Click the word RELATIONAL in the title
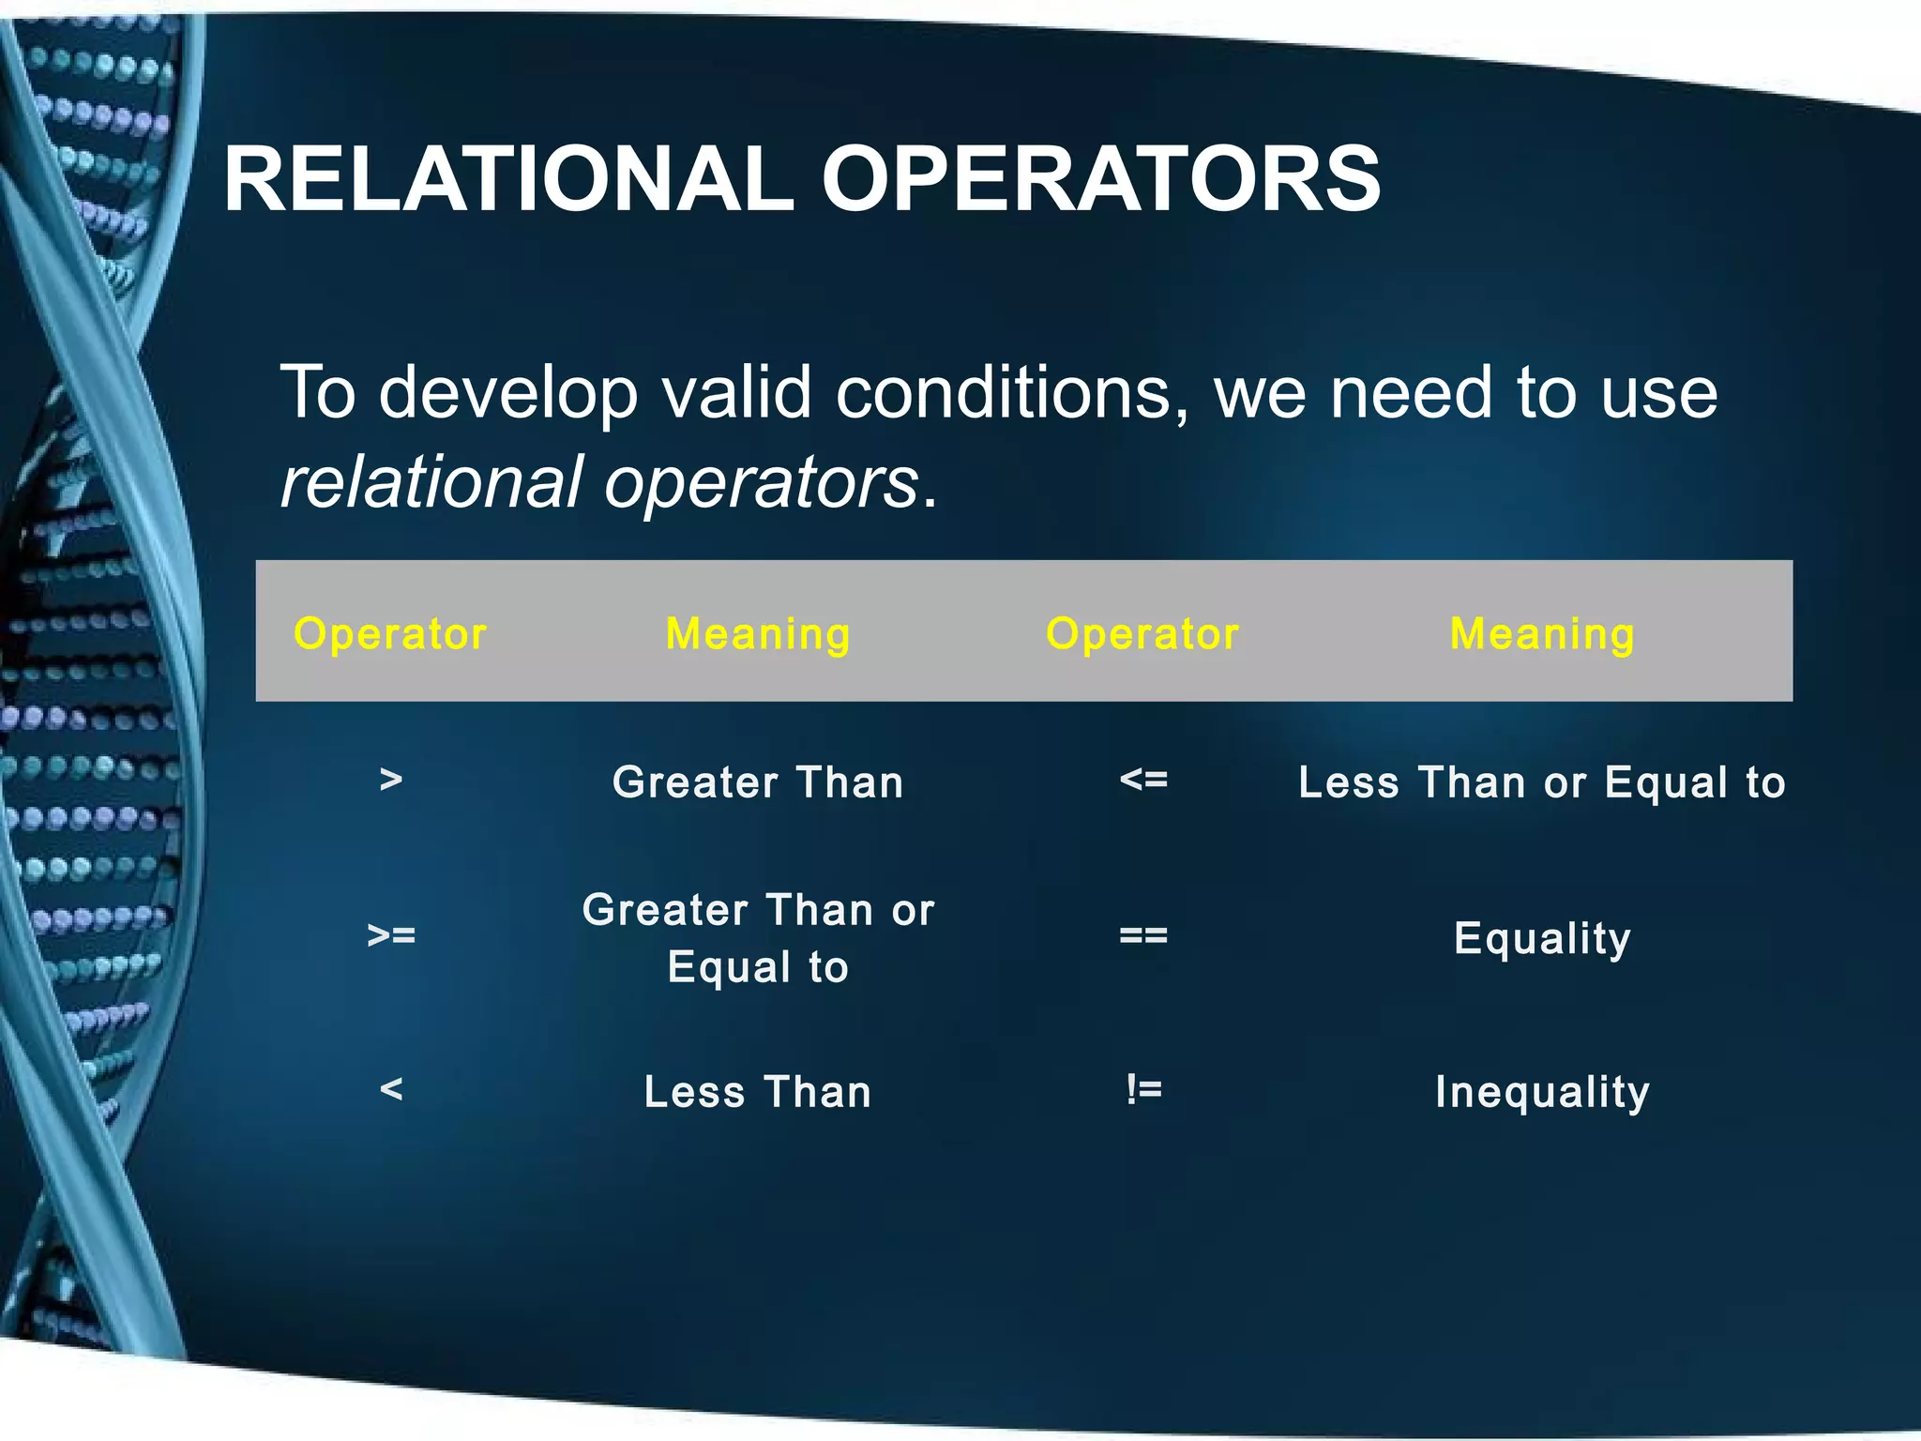click(507, 179)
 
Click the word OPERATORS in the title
click(1100, 179)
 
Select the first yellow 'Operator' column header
click(390, 634)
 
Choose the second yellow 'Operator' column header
click(1142, 634)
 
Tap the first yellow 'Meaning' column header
click(758, 634)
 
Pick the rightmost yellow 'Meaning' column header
click(1542, 634)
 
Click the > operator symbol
click(391, 779)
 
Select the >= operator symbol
click(391, 935)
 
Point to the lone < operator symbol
click(391, 1090)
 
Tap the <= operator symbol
click(1143, 779)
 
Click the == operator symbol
click(1143, 935)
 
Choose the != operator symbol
click(1143, 1090)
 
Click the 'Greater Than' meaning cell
click(758, 782)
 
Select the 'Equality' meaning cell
click(1542, 938)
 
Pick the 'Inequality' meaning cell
click(1542, 1092)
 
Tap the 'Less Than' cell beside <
click(758, 1092)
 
